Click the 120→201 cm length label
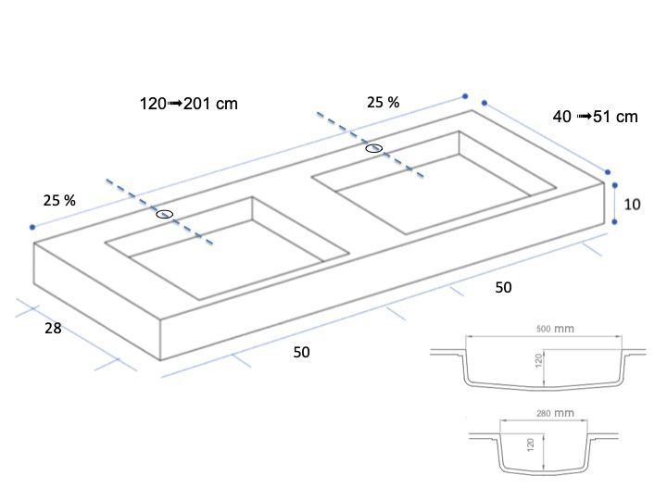(x=189, y=104)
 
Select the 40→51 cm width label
(x=595, y=117)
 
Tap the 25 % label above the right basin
(x=384, y=103)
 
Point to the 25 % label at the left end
(x=59, y=200)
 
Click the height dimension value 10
(x=632, y=205)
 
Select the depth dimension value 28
(x=53, y=328)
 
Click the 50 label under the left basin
(x=302, y=352)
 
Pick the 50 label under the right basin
(x=503, y=287)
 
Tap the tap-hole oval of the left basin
(x=165, y=214)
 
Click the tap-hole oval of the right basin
(x=374, y=148)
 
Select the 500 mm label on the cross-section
(x=555, y=329)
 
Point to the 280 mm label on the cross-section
(x=555, y=413)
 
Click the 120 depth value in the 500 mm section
(x=539, y=360)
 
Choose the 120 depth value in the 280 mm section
(x=530, y=444)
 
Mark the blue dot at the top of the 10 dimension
(x=615, y=185)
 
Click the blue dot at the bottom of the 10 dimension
(x=615, y=222)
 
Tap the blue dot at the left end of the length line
(x=32, y=227)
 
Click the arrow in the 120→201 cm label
(x=175, y=104)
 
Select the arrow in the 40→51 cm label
(x=584, y=116)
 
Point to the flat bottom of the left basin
(x=225, y=259)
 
